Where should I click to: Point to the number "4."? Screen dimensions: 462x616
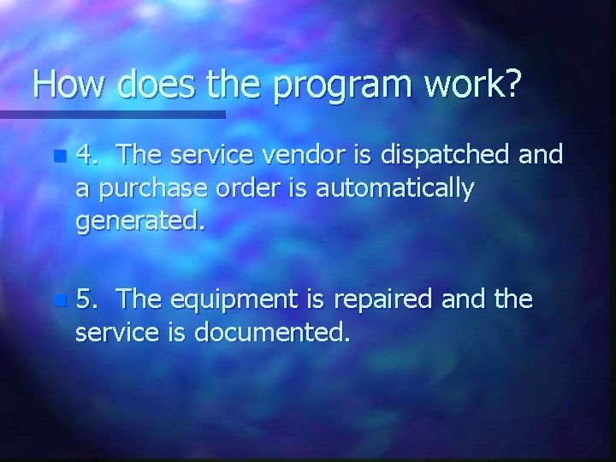pos(88,155)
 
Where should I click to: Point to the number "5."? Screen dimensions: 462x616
pos(88,299)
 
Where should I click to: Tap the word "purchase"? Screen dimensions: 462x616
pos(145,190)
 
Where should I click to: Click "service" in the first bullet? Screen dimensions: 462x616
pos(205,155)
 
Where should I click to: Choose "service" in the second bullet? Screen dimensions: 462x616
pos(114,334)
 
